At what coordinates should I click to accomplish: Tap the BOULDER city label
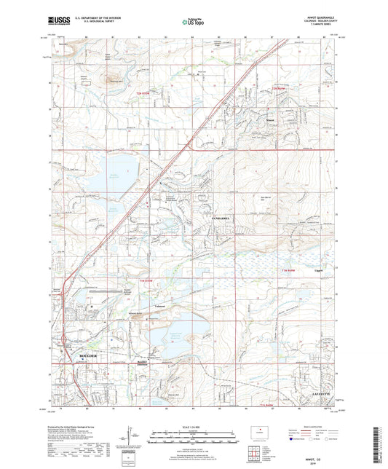[x=88, y=357]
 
